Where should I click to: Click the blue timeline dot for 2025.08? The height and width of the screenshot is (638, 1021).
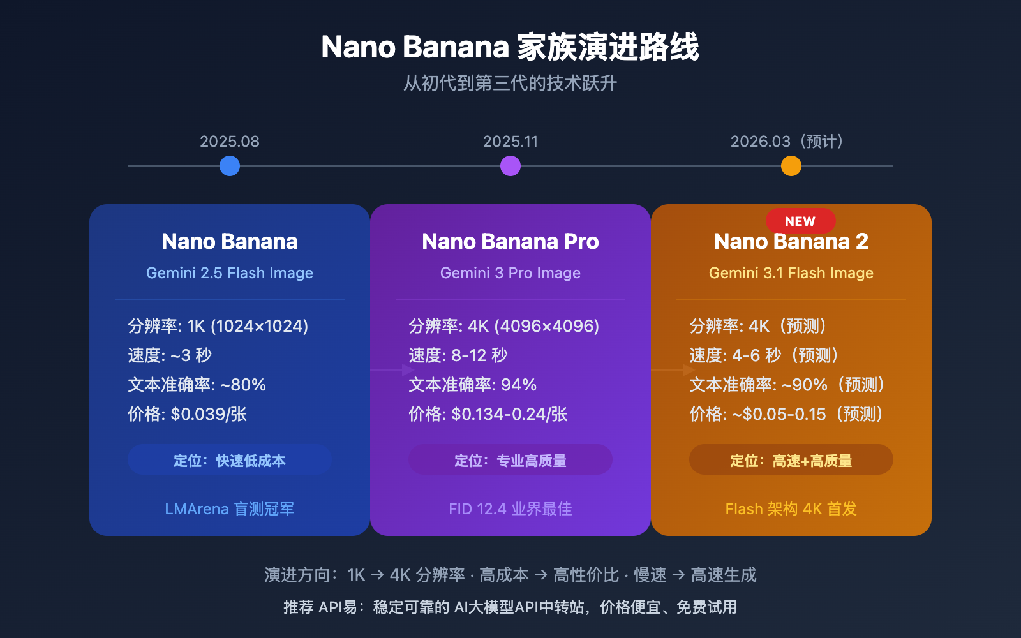click(230, 166)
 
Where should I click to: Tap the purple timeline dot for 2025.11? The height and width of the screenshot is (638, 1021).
click(511, 166)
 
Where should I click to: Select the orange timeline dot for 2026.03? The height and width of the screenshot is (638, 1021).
click(791, 166)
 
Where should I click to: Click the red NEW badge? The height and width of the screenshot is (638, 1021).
click(800, 221)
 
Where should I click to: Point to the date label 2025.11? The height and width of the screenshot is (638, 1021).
click(511, 142)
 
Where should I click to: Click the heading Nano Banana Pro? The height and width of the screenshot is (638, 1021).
click(511, 242)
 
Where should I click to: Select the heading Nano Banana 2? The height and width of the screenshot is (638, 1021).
click(791, 242)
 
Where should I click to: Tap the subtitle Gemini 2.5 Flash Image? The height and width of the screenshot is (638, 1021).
click(230, 273)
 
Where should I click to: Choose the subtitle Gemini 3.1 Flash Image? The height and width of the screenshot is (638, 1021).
click(791, 273)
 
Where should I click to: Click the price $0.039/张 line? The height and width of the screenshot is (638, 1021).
click(188, 415)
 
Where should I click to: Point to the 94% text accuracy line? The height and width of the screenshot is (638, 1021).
click(473, 385)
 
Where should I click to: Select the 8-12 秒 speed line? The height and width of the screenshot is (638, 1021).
click(458, 356)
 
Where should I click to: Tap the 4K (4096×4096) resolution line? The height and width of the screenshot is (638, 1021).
click(504, 327)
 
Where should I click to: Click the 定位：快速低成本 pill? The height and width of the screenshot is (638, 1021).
click(230, 460)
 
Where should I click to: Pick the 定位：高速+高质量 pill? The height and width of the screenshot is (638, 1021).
click(791, 460)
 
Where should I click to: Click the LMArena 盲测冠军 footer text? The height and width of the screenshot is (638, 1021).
click(230, 509)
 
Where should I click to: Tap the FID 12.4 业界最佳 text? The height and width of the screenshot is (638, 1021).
click(511, 509)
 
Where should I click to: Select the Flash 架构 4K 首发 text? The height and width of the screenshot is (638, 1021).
click(791, 509)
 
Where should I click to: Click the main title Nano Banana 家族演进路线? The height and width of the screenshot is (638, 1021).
click(511, 47)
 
